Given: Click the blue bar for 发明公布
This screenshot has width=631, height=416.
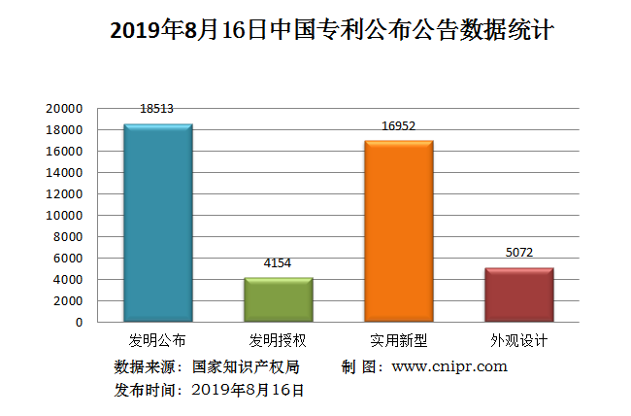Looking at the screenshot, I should click(157, 223).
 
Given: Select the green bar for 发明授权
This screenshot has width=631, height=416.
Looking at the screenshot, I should click(278, 299).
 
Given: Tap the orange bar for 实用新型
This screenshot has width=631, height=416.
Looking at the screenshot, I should click(398, 231).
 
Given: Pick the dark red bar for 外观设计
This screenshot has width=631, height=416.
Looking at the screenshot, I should click(518, 295).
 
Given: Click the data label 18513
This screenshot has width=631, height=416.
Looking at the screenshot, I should click(157, 109).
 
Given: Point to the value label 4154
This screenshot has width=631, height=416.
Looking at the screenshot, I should click(278, 262).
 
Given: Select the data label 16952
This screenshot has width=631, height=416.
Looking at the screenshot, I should click(398, 125).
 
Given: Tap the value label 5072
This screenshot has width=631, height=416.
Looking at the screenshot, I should click(518, 253).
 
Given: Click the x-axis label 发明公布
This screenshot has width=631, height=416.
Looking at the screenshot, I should click(157, 341).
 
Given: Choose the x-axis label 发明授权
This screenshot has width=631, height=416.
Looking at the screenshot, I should click(278, 341).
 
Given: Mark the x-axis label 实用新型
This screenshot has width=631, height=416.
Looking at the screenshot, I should click(398, 341).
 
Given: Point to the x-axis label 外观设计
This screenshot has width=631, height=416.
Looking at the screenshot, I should click(518, 341).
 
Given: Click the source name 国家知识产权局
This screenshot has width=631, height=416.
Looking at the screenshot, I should click(245, 366).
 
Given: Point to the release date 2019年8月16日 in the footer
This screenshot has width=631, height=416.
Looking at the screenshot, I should click(249, 390).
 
